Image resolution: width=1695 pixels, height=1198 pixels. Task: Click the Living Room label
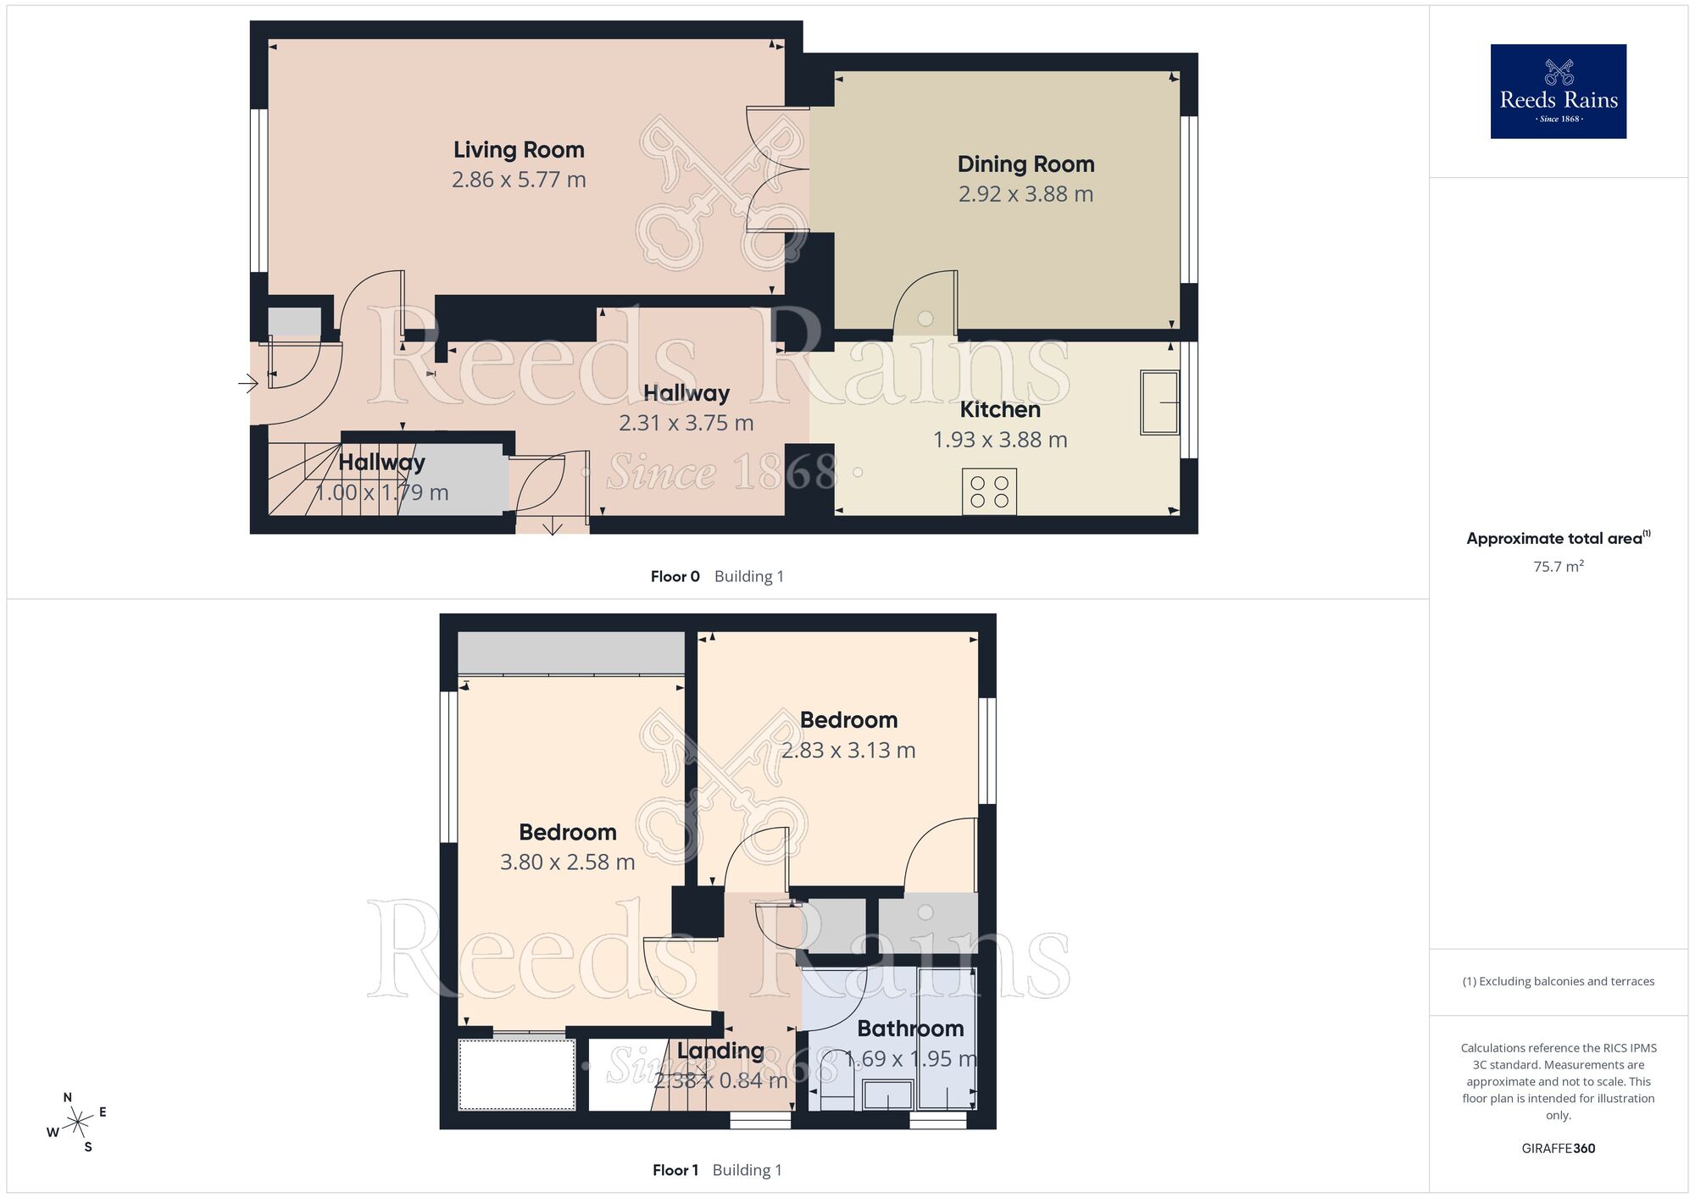[519, 150]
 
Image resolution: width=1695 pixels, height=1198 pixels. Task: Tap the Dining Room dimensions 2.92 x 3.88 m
[1025, 194]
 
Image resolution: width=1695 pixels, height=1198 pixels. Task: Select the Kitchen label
[1000, 410]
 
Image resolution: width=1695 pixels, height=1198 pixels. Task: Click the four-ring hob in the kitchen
[989, 491]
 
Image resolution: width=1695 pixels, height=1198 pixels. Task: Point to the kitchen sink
[1159, 402]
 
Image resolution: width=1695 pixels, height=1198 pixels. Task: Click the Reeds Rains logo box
[1558, 92]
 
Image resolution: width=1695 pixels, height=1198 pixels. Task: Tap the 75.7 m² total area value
[1558, 567]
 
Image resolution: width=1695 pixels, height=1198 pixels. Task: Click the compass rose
[78, 1123]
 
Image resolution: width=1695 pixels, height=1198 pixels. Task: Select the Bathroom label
[910, 1029]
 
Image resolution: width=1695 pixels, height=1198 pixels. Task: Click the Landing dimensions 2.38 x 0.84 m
[720, 1080]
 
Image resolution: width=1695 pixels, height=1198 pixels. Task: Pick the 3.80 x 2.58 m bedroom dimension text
[567, 862]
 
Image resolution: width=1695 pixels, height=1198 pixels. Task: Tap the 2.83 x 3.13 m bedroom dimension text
[848, 751]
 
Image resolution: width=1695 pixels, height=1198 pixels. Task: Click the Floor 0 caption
[675, 577]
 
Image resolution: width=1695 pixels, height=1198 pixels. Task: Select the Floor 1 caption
[675, 1170]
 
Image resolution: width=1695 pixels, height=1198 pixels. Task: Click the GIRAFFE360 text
[1558, 1149]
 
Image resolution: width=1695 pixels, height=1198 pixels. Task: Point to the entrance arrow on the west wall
[248, 384]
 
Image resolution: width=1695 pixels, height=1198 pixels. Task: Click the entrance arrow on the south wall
[553, 528]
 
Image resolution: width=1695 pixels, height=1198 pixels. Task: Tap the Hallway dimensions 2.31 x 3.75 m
[686, 423]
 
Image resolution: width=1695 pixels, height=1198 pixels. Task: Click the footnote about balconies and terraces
[1558, 981]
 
